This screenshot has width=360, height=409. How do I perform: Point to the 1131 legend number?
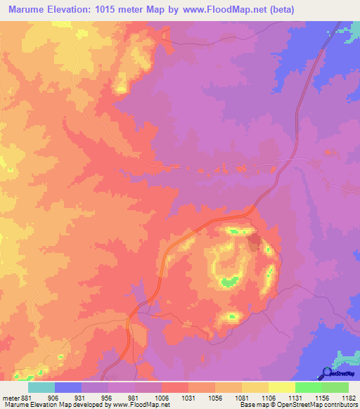pyautogui.click(x=281, y=397)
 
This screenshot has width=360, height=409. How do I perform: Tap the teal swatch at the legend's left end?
pyautogui.click(x=41, y=387)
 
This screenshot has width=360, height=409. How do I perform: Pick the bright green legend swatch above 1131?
pyautogui.click(x=308, y=387)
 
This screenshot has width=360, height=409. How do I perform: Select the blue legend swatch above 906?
pyautogui.click(x=68, y=387)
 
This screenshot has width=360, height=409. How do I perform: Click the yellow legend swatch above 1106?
pyautogui.click(x=281, y=387)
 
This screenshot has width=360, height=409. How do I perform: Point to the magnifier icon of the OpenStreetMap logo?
pyautogui.click(x=327, y=373)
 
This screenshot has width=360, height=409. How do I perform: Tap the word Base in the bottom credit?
pyautogui.click(x=247, y=405)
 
